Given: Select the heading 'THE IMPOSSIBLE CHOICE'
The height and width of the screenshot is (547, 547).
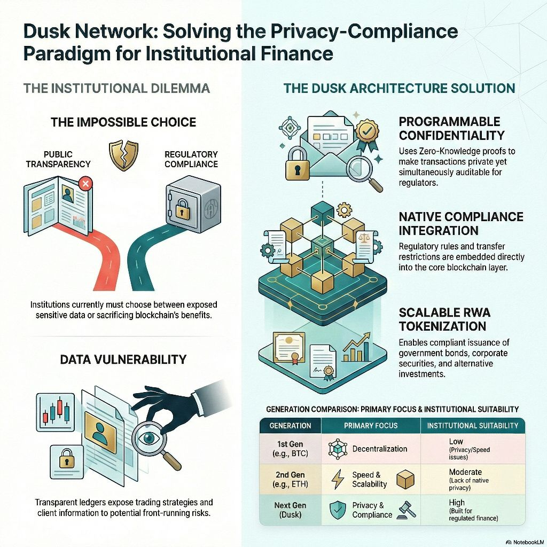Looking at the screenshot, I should point(123,122).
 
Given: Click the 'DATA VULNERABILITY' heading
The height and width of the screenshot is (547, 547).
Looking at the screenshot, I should point(123,359).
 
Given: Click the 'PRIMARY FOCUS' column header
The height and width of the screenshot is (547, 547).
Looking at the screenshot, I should point(371,426).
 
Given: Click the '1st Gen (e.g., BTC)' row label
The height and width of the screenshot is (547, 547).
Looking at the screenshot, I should point(290,449).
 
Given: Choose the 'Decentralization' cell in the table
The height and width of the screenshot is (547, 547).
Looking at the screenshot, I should point(379,449).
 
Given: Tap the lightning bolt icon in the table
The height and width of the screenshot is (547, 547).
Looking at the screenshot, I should point(338,479).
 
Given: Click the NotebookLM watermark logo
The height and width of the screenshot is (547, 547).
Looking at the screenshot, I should point(509,538).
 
